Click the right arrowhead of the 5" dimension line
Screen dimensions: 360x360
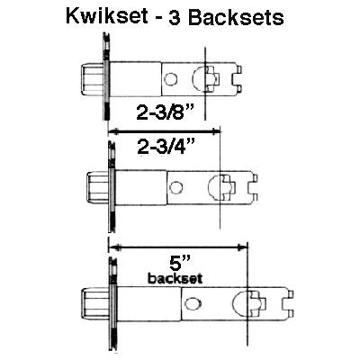pos(245,246)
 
